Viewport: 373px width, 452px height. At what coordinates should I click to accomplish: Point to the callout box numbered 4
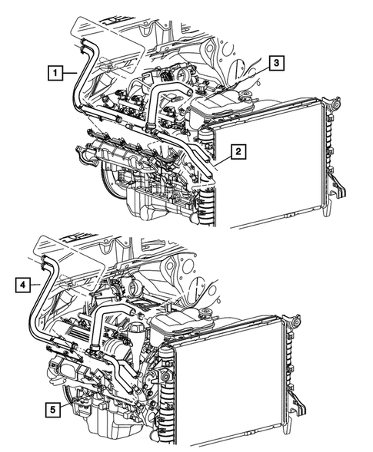[x=24, y=285]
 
